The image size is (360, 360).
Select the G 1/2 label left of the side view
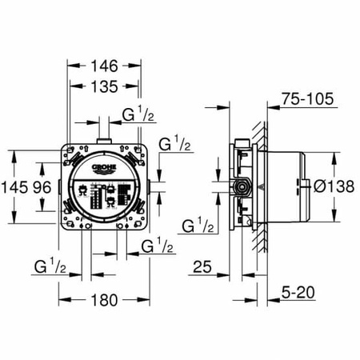(198, 226)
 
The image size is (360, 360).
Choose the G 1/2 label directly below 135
(138, 117)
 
